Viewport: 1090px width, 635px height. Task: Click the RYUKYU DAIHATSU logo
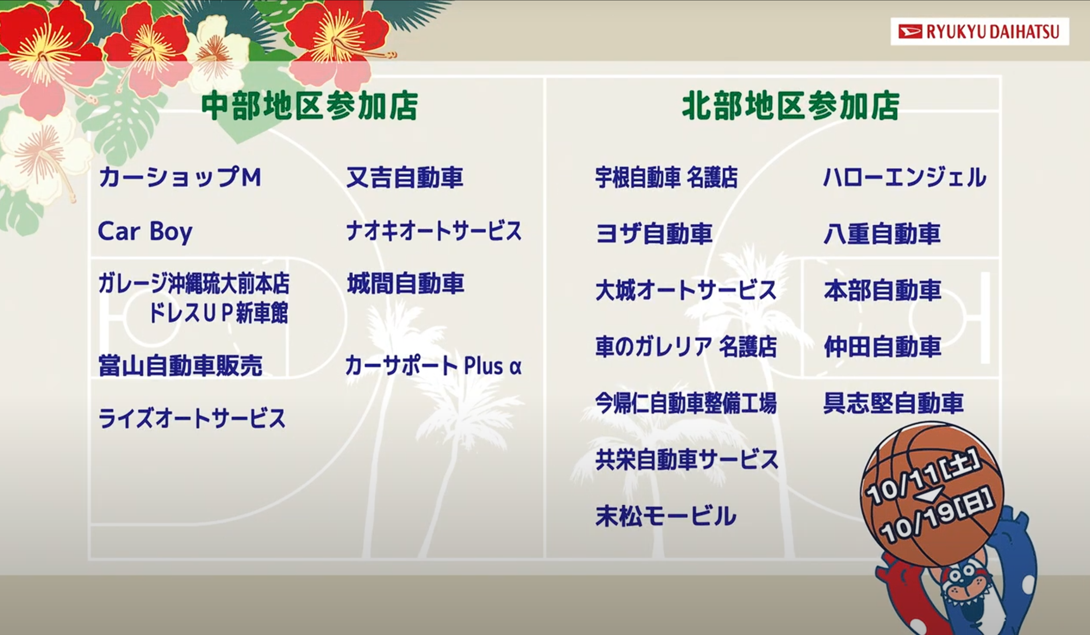[x=979, y=32]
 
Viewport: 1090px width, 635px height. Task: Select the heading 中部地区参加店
[x=310, y=106]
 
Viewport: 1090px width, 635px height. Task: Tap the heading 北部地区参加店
[x=791, y=106]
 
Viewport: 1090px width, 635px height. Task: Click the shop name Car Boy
[x=145, y=232]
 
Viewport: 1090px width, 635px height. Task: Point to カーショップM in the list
[x=180, y=177]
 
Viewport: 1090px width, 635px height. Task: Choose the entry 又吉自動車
[x=404, y=177]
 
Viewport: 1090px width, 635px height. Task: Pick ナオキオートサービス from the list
[x=434, y=231]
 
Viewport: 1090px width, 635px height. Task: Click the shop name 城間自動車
[x=405, y=284]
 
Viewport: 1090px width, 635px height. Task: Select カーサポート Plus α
[x=433, y=366]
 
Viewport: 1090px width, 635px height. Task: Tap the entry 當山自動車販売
[x=180, y=366]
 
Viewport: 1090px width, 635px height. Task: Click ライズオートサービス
[x=192, y=419]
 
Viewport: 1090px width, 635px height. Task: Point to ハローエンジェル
[x=905, y=177]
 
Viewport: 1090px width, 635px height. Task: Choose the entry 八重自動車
[x=882, y=234]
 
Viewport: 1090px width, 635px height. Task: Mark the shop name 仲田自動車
[x=882, y=347]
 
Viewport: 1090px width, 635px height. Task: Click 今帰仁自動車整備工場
[x=686, y=403]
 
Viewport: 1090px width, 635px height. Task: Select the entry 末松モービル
[x=666, y=516]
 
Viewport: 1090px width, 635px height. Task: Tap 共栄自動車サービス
[x=687, y=459]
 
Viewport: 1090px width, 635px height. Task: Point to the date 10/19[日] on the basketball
[x=938, y=514]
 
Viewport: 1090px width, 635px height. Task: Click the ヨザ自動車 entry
[x=653, y=234]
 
